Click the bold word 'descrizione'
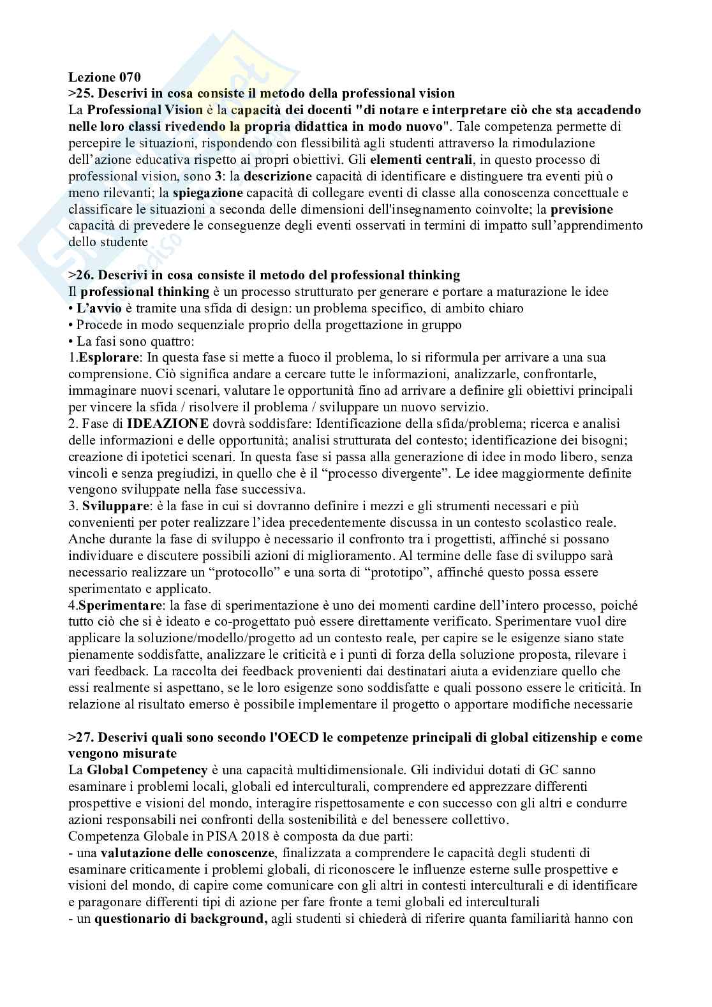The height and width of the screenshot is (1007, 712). [278, 176]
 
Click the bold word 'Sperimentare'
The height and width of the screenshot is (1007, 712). [118, 605]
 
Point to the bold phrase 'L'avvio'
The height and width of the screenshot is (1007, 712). [96, 308]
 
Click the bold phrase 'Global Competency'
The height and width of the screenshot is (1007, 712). [147, 770]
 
